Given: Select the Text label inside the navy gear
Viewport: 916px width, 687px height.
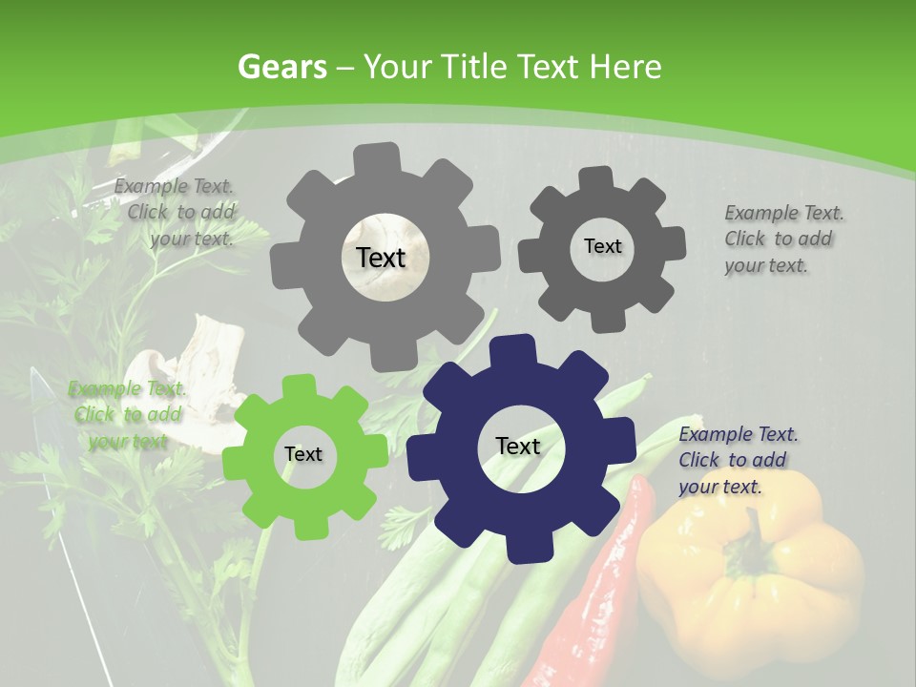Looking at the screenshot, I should click(x=518, y=447).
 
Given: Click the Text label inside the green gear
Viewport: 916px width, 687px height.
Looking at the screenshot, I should click(x=303, y=455).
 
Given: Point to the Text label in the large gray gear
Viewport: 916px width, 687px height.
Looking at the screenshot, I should click(x=381, y=258).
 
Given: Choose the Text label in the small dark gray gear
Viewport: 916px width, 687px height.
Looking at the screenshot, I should click(x=603, y=246).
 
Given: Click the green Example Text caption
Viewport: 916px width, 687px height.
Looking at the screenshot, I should click(x=127, y=415).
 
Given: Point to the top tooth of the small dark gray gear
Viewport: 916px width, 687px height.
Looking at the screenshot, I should click(x=596, y=177).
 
